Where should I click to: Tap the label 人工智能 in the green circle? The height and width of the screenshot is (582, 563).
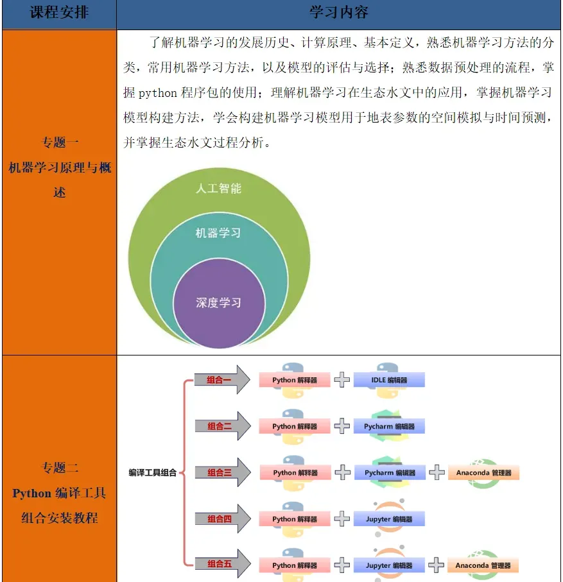tap(218, 189)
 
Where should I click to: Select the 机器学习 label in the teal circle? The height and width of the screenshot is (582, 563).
tap(218, 232)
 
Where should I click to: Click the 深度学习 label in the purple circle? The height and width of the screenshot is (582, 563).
tap(218, 302)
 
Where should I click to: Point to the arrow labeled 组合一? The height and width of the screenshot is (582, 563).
tap(221, 380)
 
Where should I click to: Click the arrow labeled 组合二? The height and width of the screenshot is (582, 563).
tap(221, 426)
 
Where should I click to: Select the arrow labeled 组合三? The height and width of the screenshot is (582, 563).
tap(221, 473)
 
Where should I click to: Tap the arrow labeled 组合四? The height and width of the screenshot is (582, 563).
tap(221, 519)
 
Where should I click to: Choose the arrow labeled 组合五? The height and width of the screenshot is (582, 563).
tap(221, 565)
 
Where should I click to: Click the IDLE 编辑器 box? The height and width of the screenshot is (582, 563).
tap(389, 380)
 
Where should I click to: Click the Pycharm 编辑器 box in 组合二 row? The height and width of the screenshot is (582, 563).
tap(389, 426)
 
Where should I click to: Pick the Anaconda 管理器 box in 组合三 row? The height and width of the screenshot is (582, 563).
tap(483, 473)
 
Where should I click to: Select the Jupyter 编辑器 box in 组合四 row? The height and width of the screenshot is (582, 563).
tap(389, 519)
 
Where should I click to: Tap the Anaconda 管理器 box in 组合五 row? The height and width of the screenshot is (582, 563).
tap(483, 565)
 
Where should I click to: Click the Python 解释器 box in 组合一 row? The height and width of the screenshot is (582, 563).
tap(295, 380)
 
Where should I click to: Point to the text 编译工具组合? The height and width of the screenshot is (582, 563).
tap(152, 473)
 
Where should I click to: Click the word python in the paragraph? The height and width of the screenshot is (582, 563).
tap(158, 93)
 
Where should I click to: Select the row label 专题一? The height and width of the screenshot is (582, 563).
tap(60, 142)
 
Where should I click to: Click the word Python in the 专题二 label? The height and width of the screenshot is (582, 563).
tap(31, 493)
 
